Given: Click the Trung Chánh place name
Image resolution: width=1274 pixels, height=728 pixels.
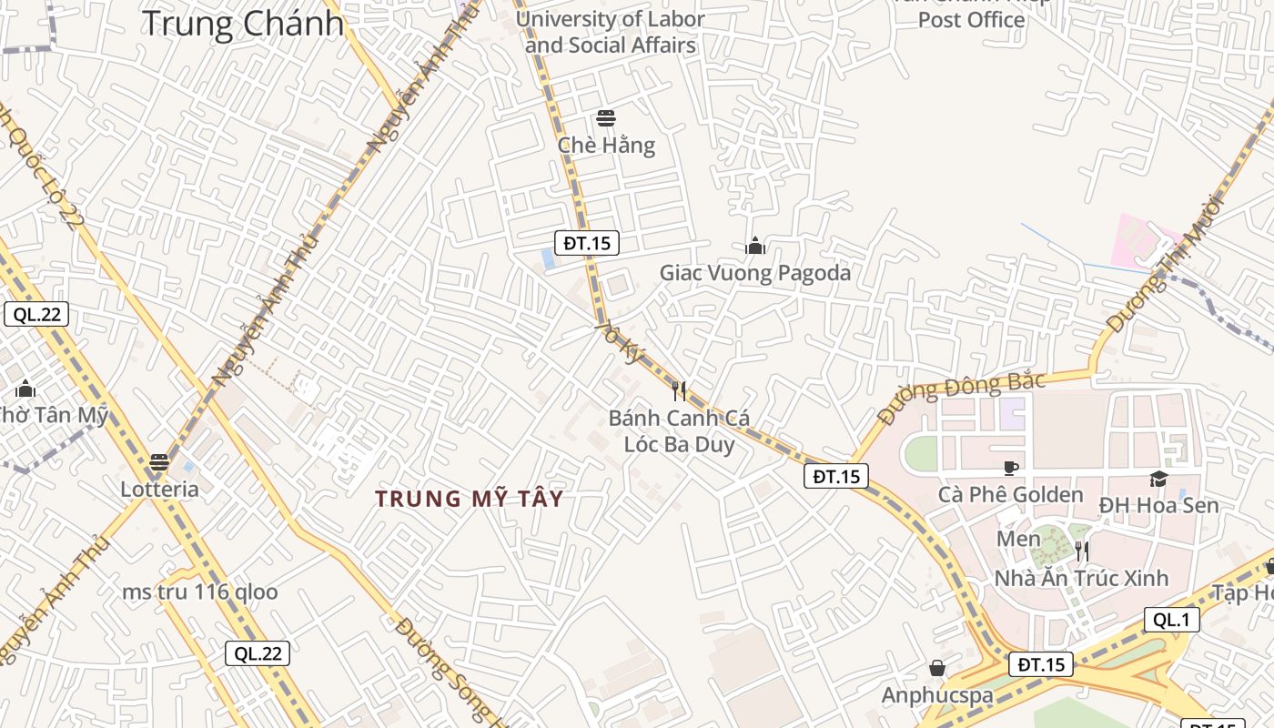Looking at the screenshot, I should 243,23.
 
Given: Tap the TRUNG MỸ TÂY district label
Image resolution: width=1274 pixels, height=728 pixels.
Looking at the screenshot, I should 469,499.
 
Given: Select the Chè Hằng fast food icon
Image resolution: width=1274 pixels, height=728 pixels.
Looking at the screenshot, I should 605,118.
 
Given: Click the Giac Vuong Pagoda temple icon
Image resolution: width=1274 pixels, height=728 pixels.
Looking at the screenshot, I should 754,246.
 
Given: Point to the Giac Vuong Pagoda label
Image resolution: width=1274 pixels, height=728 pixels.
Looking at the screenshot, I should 754,273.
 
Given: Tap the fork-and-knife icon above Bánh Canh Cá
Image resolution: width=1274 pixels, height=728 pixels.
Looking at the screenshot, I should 679,391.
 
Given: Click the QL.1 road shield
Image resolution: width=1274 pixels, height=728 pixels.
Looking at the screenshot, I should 1171,621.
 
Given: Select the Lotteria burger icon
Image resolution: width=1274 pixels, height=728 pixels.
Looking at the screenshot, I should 159,462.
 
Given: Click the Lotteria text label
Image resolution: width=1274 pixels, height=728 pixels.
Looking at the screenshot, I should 159,490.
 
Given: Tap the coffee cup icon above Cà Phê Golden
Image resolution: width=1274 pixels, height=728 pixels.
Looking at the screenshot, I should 1010,468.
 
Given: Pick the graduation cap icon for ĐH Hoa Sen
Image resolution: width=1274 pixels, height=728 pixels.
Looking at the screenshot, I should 1158,479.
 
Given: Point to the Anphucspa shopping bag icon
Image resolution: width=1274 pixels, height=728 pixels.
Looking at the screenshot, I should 937,669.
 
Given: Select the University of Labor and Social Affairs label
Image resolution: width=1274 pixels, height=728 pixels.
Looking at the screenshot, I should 610,32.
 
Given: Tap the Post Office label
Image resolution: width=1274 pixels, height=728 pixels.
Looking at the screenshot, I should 971,20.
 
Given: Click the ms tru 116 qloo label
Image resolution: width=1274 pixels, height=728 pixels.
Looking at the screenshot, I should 200,592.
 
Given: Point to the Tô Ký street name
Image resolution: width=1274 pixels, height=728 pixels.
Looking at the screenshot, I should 620,342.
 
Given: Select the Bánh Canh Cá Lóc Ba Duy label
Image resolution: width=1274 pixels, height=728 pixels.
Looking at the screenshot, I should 679,431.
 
